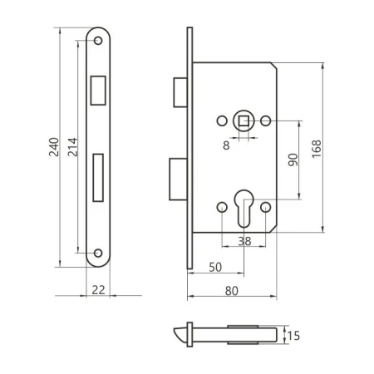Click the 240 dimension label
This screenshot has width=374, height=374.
[x=54, y=147]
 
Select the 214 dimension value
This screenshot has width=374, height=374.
[x=72, y=147]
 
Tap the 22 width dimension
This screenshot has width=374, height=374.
[x=99, y=290]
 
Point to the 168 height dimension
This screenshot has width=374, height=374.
[x=317, y=149]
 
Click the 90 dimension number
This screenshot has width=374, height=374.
[x=293, y=160]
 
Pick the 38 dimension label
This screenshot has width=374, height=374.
[x=244, y=241]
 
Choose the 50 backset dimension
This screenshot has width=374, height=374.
[x=215, y=267]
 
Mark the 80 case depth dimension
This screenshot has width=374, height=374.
[x=232, y=291]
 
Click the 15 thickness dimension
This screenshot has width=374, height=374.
[x=293, y=336]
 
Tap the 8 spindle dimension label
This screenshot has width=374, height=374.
[x=226, y=145]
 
